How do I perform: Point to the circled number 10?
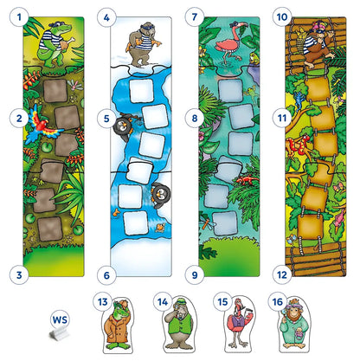click(x=281, y=16)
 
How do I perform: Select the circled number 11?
click(x=281, y=114)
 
